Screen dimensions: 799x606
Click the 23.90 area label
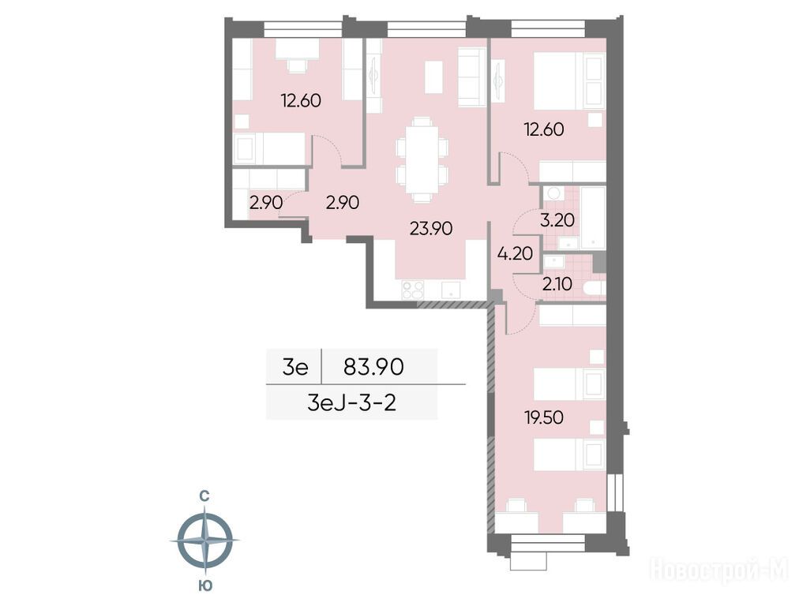coord(431,229)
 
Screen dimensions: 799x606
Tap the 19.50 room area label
coord(544,417)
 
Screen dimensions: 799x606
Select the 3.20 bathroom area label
coord(557,220)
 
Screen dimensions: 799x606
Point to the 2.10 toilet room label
coord(557,283)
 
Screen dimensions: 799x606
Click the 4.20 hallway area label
coord(516,252)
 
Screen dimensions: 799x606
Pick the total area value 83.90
coord(374,366)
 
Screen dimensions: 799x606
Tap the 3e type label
coord(295,366)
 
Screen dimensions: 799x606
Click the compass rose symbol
coord(204,541)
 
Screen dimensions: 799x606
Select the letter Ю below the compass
coord(204,585)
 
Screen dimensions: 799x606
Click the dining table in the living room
coord(422,159)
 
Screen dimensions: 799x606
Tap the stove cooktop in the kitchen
coord(413,290)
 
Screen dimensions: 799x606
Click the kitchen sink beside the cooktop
coord(451,290)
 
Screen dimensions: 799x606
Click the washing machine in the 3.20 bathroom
coord(552,193)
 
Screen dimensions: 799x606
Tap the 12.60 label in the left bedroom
coord(301,100)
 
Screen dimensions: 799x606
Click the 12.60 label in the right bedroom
coord(544,129)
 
